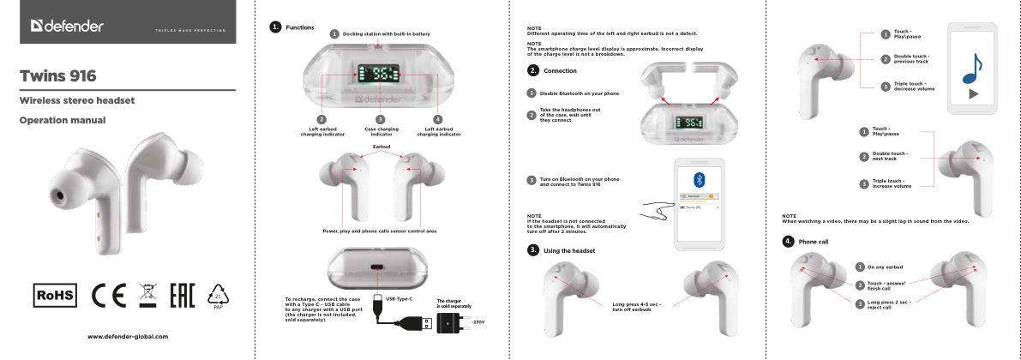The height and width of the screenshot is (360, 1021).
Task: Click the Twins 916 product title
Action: pyautogui.click(x=57, y=76)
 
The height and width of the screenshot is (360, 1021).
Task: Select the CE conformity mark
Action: pyautogui.click(x=109, y=295)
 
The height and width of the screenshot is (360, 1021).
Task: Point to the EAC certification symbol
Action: pyautogui.click(x=183, y=295)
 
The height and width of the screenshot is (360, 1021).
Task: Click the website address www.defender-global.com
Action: pyautogui.click(x=128, y=337)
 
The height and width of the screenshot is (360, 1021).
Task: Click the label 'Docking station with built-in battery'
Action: pyautogui.click(x=386, y=33)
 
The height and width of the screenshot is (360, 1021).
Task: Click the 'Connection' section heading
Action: pyautogui.click(x=560, y=70)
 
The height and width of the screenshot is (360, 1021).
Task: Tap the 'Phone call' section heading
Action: pyautogui.click(x=813, y=242)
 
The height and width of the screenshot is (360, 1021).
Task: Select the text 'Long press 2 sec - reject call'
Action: pyautogui.click(x=888, y=304)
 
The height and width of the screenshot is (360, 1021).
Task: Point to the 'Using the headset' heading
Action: pyautogui.click(x=569, y=250)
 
